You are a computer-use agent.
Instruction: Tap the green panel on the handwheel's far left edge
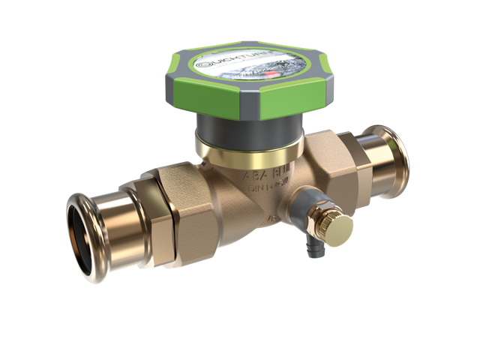178,76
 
